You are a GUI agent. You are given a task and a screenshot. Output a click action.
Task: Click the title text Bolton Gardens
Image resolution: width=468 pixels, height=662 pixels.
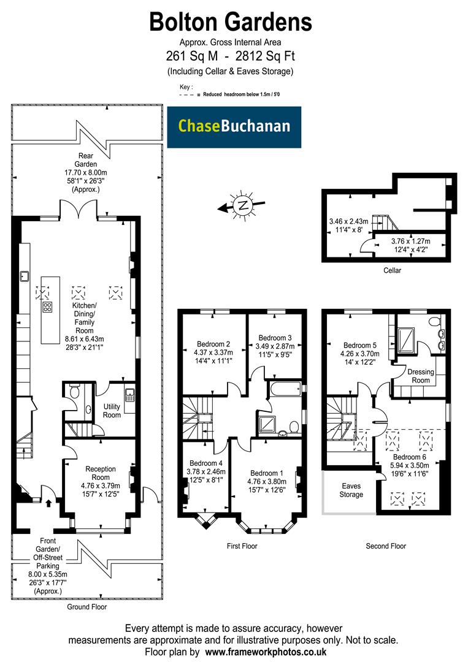231,22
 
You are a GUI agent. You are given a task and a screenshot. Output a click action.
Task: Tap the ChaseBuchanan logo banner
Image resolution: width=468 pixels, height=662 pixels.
234,127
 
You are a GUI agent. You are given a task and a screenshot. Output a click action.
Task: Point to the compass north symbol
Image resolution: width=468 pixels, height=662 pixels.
244,205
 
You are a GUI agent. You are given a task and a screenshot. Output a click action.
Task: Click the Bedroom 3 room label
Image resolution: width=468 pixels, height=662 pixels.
275,338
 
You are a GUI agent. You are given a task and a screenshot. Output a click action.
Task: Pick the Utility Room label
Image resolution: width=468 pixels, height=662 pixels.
112,411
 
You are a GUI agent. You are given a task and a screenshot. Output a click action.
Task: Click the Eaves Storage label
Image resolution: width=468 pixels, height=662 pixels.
351,490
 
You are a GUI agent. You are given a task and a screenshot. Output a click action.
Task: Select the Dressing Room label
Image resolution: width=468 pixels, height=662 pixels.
420,376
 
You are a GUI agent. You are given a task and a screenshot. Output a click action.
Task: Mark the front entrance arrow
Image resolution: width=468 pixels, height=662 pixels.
49,504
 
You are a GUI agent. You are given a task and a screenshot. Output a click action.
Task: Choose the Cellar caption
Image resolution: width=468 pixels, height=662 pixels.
391,270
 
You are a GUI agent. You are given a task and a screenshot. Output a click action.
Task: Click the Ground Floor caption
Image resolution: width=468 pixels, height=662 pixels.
86,607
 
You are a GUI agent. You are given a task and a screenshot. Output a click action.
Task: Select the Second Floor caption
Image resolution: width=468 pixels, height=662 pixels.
385,546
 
